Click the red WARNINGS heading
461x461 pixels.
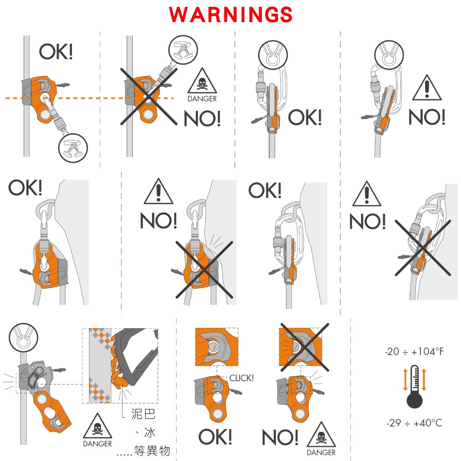(230, 14)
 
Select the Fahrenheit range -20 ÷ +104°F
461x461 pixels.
(414, 351)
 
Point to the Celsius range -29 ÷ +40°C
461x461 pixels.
(414, 423)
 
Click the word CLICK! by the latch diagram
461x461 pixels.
(242, 378)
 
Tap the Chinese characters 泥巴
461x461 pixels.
(143, 414)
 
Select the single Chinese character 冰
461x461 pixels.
(149, 432)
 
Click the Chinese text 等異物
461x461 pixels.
(152, 451)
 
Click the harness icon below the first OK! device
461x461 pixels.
(73, 148)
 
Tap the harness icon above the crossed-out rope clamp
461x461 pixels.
(183, 50)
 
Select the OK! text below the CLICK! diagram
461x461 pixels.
(215, 437)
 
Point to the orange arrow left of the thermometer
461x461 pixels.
(405, 379)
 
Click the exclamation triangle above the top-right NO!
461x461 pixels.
(427, 88)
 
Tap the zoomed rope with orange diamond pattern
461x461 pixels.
(100, 366)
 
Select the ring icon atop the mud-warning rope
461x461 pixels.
(24, 337)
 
